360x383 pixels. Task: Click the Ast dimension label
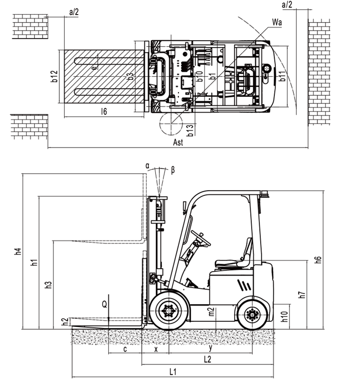click(x=178, y=142)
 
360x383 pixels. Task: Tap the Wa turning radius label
click(x=277, y=22)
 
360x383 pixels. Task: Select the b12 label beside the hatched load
click(x=54, y=76)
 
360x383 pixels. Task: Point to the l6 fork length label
click(x=104, y=111)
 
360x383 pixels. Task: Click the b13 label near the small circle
click(x=190, y=130)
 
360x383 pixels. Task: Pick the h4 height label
click(x=18, y=251)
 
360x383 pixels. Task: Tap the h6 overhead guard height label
click(x=318, y=260)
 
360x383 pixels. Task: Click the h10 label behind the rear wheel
click(x=284, y=316)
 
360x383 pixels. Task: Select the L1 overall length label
click(x=172, y=372)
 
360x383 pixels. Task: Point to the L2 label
click(x=207, y=359)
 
